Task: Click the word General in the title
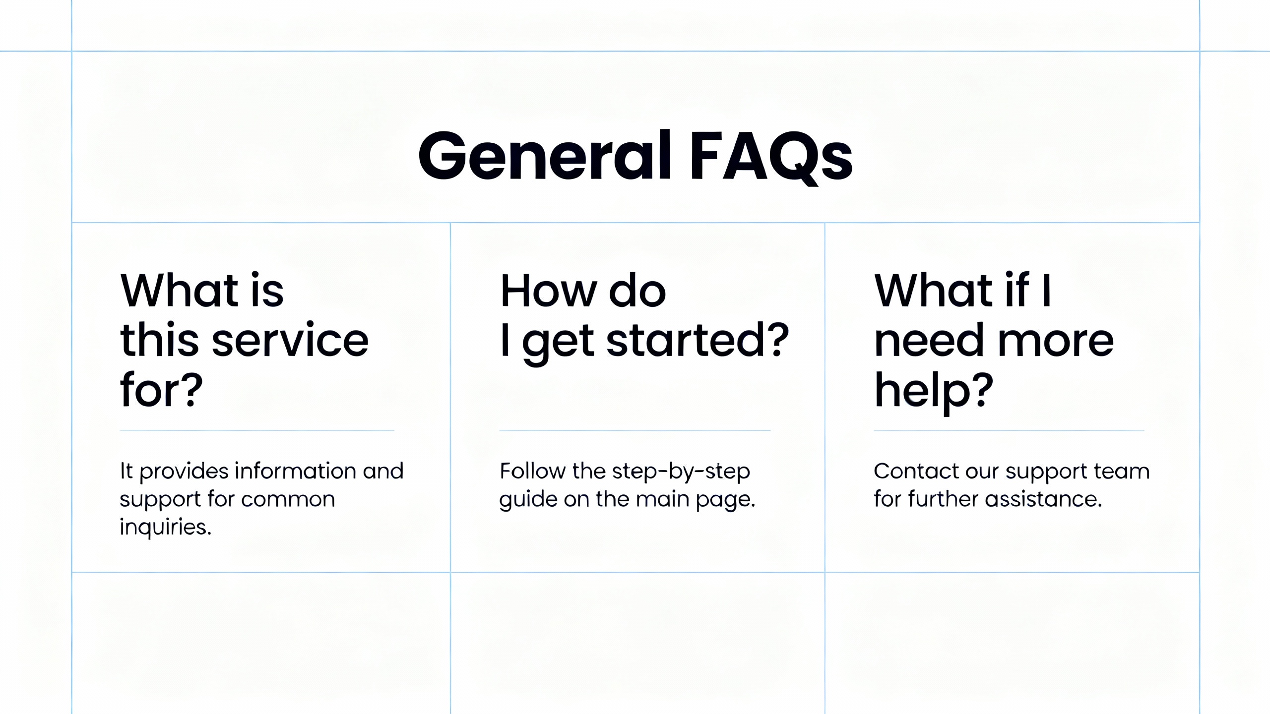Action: tap(545, 155)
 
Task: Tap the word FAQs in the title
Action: tap(771, 158)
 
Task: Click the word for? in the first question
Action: tap(161, 390)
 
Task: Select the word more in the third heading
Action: tap(1055, 342)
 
